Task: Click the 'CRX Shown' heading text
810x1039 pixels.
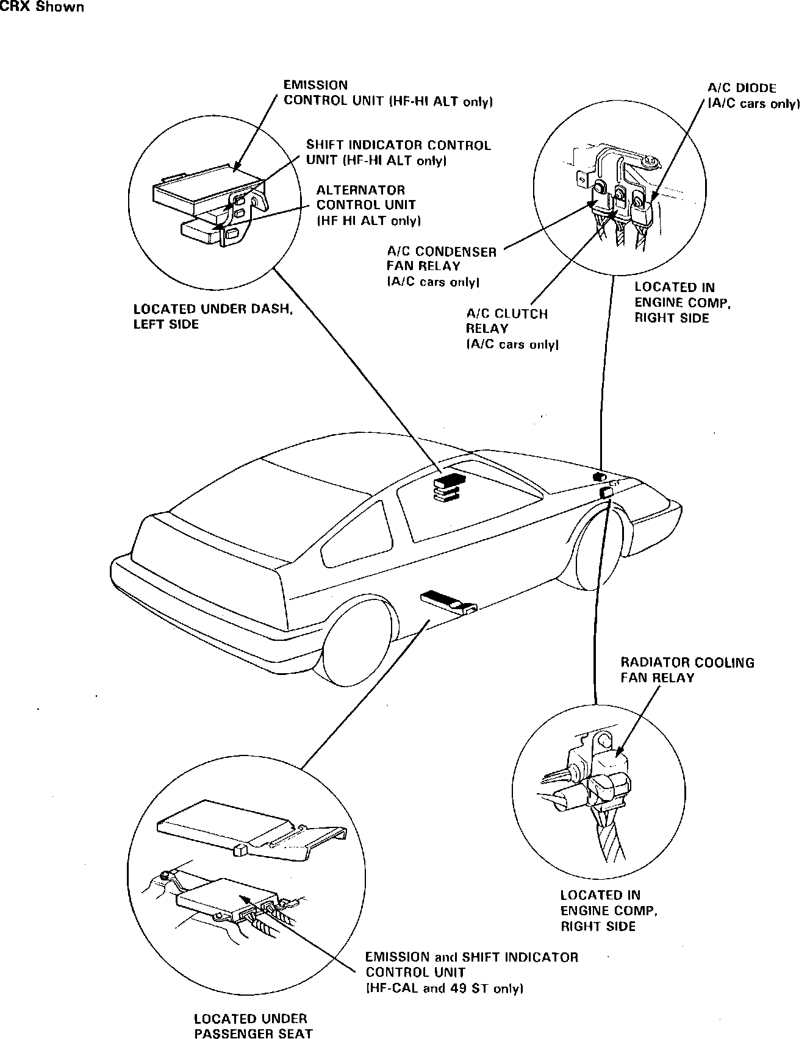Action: pos(42,7)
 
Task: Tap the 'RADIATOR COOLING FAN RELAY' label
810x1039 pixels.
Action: pos(687,669)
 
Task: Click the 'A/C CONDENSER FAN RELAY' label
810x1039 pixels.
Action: pos(441,266)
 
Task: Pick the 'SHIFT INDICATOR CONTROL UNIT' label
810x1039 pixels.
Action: pos(398,152)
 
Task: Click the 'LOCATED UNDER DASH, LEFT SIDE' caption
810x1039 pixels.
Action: pos(213,316)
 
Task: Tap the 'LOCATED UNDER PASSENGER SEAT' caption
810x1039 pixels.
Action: pos(253,1025)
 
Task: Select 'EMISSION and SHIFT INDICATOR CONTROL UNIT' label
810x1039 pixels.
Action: pos(471,972)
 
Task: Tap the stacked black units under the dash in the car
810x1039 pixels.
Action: pos(448,488)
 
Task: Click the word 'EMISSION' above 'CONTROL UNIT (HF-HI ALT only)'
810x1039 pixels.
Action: pos(315,85)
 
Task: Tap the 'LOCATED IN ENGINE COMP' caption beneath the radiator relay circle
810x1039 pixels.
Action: pos(608,910)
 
